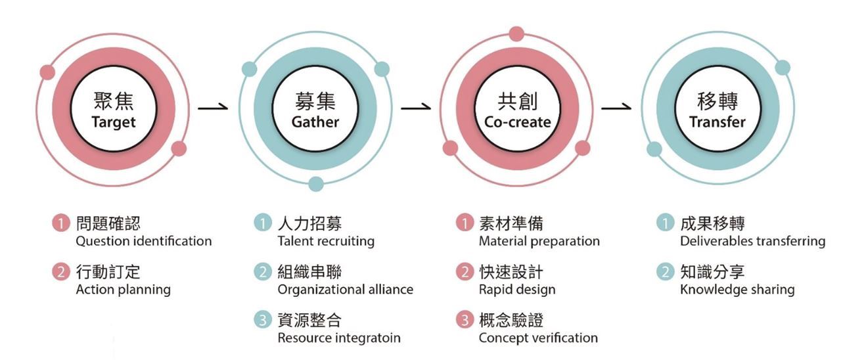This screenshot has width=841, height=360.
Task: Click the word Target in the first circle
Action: [x=114, y=122]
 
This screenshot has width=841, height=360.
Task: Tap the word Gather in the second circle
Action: [x=315, y=122]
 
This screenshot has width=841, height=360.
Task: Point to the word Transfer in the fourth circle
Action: [x=717, y=122]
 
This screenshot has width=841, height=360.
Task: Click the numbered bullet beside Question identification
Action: [x=60, y=224]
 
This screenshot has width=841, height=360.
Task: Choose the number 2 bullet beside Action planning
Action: [x=60, y=272]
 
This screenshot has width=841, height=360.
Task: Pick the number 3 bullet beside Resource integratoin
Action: [x=262, y=321]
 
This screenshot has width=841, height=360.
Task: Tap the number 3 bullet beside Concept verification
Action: [x=464, y=321]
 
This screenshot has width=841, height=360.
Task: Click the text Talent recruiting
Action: [x=326, y=241]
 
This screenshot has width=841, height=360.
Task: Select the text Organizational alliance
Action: [x=346, y=289]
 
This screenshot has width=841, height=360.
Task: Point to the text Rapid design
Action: [x=517, y=289]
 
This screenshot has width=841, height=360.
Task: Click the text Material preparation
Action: [x=539, y=241]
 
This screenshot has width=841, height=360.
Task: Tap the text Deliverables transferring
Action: [x=753, y=241]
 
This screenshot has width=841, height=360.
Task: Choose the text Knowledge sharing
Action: [x=737, y=289]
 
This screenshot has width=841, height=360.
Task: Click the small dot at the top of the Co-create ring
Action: [x=516, y=34]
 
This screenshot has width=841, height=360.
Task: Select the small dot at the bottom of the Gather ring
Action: [x=316, y=183]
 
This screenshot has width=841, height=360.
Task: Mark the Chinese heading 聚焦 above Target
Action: [x=114, y=101]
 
